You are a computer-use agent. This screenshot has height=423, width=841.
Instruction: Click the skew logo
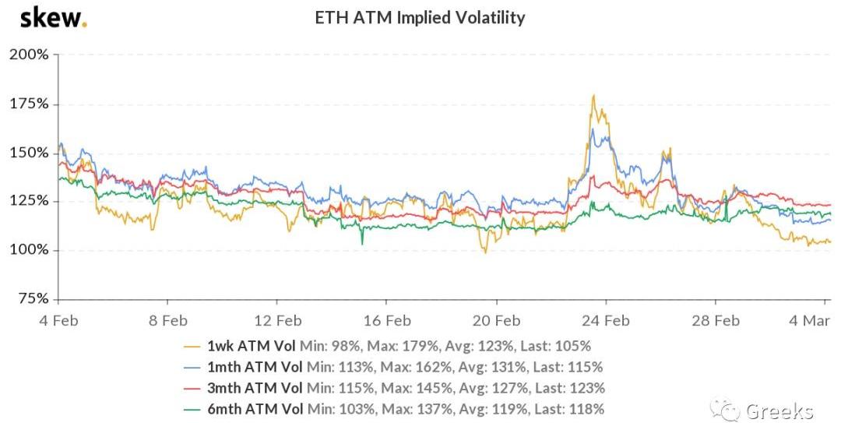[x=53, y=17]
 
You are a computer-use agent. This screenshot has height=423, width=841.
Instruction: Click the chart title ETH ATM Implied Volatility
[x=420, y=17]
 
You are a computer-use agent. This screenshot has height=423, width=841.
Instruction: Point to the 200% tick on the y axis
[x=29, y=55]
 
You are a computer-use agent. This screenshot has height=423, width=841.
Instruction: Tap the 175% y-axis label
[x=30, y=104]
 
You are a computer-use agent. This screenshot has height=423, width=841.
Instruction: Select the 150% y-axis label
[x=30, y=153]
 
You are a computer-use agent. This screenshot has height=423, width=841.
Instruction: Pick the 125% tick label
[x=30, y=201]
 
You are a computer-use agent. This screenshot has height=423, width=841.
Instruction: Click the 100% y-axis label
[x=29, y=250]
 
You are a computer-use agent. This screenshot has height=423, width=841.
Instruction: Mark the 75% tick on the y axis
[x=33, y=298]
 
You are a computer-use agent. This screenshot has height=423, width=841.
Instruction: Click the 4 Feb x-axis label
[x=58, y=320]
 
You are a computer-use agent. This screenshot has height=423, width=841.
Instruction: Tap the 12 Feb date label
[x=278, y=320]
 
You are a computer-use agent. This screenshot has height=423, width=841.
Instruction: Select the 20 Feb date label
[x=497, y=320]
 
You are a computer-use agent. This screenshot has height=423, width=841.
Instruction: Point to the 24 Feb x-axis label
[x=607, y=320]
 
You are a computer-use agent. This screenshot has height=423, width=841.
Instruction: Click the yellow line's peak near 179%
[x=594, y=96]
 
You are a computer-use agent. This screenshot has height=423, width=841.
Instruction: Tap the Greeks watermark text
[x=779, y=411]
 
